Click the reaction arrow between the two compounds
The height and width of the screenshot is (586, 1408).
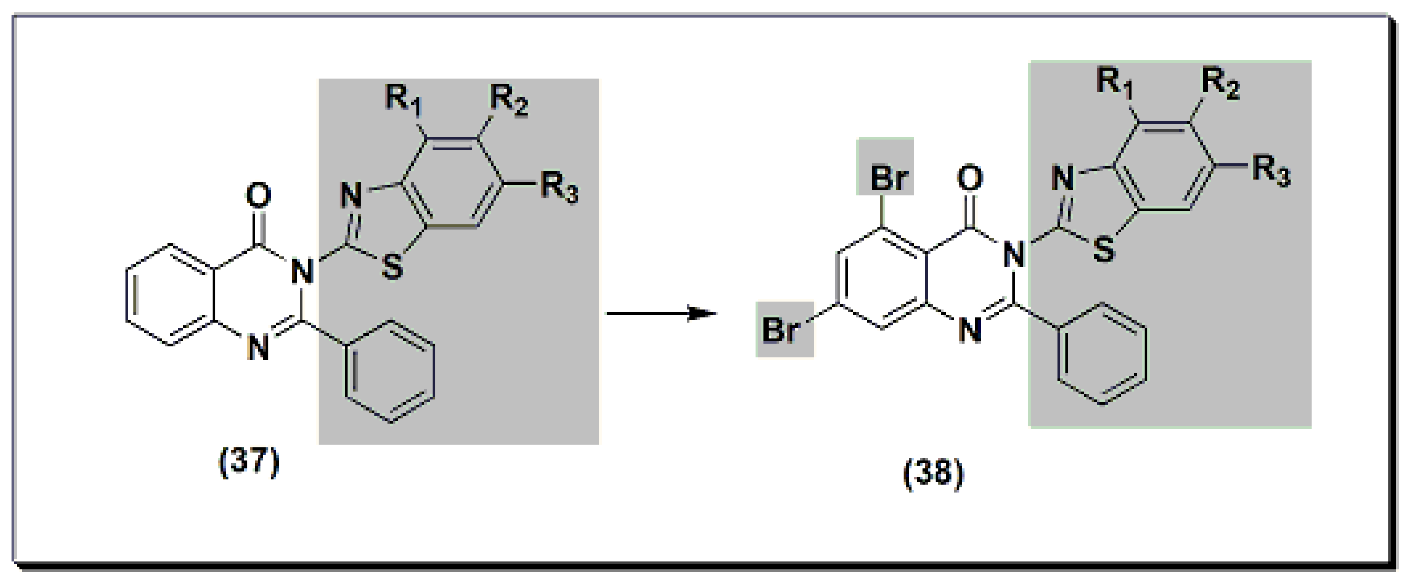[x=661, y=313]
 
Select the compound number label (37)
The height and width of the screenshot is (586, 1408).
[x=249, y=462]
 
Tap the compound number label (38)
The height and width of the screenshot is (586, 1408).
[x=933, y=474]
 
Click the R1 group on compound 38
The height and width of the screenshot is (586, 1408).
[x=1115, y=83]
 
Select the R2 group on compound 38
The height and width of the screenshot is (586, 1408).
[x=1220, y=83]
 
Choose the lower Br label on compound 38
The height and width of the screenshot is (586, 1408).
[x=780, y=330]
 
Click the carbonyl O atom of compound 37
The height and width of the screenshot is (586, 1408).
[x=258, y=195]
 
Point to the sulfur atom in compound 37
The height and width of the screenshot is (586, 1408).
[x=392, y=268]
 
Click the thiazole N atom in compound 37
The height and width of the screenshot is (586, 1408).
[x=351, y=195]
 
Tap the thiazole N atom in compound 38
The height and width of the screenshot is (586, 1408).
[x=1063, y=178]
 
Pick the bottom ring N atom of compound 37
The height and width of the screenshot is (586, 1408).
[x=258, y=347]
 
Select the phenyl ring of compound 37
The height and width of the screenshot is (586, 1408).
[x=390, y=372]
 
